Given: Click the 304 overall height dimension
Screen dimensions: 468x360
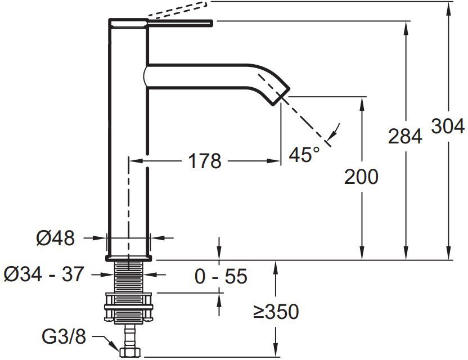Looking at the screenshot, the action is click(x=448, y=126).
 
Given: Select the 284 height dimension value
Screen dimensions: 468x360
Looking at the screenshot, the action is click(x=405, y=136).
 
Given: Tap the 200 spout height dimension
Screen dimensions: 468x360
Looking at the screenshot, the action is click(x=361, y=177).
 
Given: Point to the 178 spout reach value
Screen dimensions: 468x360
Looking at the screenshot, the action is click(x=205, y=161).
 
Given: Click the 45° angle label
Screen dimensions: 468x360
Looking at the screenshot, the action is click(x=304, y=154).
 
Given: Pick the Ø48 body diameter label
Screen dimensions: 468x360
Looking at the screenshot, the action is click(x=56, y=238).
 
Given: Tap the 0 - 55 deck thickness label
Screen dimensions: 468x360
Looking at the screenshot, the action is click(x=221, y=276).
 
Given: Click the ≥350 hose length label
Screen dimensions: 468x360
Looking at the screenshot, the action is click(x=276, y=312).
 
